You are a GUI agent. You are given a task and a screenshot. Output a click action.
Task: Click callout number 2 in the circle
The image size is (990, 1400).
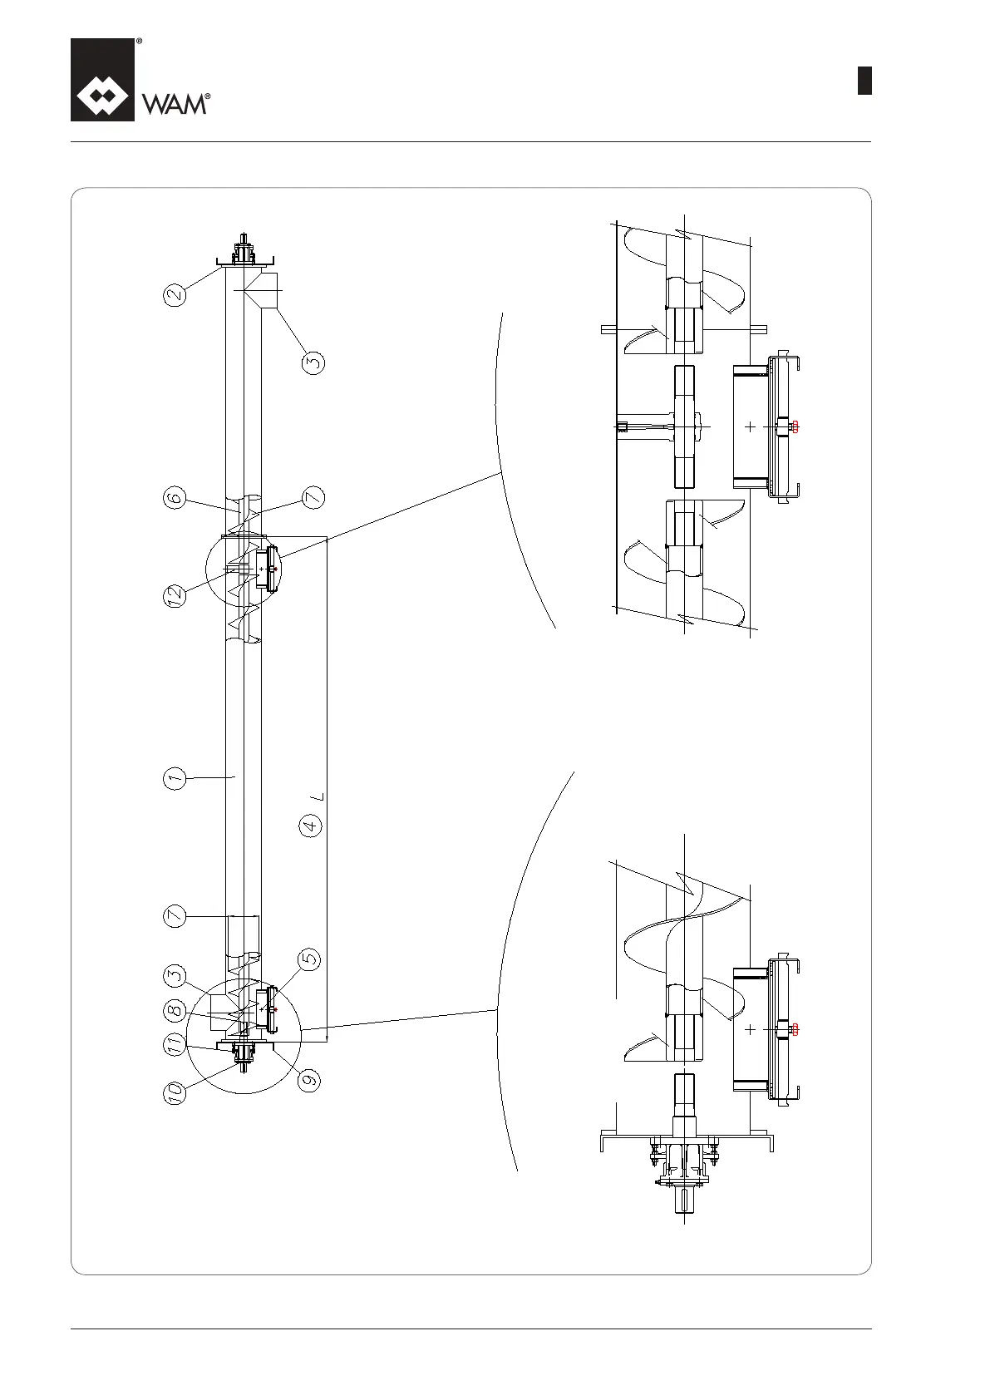175,293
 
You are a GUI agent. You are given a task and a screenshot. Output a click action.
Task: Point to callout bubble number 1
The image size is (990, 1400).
174,779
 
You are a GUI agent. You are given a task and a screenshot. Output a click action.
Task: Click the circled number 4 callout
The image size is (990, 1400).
311,826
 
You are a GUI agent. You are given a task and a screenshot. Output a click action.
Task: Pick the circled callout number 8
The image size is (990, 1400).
174,1012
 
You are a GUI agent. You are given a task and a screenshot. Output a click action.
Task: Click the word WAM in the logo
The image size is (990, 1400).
175,104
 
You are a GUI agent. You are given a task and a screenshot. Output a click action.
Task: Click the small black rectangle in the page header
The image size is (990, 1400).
864,81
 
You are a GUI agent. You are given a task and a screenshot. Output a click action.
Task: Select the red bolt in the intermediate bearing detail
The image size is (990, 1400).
795,426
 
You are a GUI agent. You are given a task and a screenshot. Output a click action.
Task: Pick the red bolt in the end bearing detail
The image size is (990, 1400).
795,1029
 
